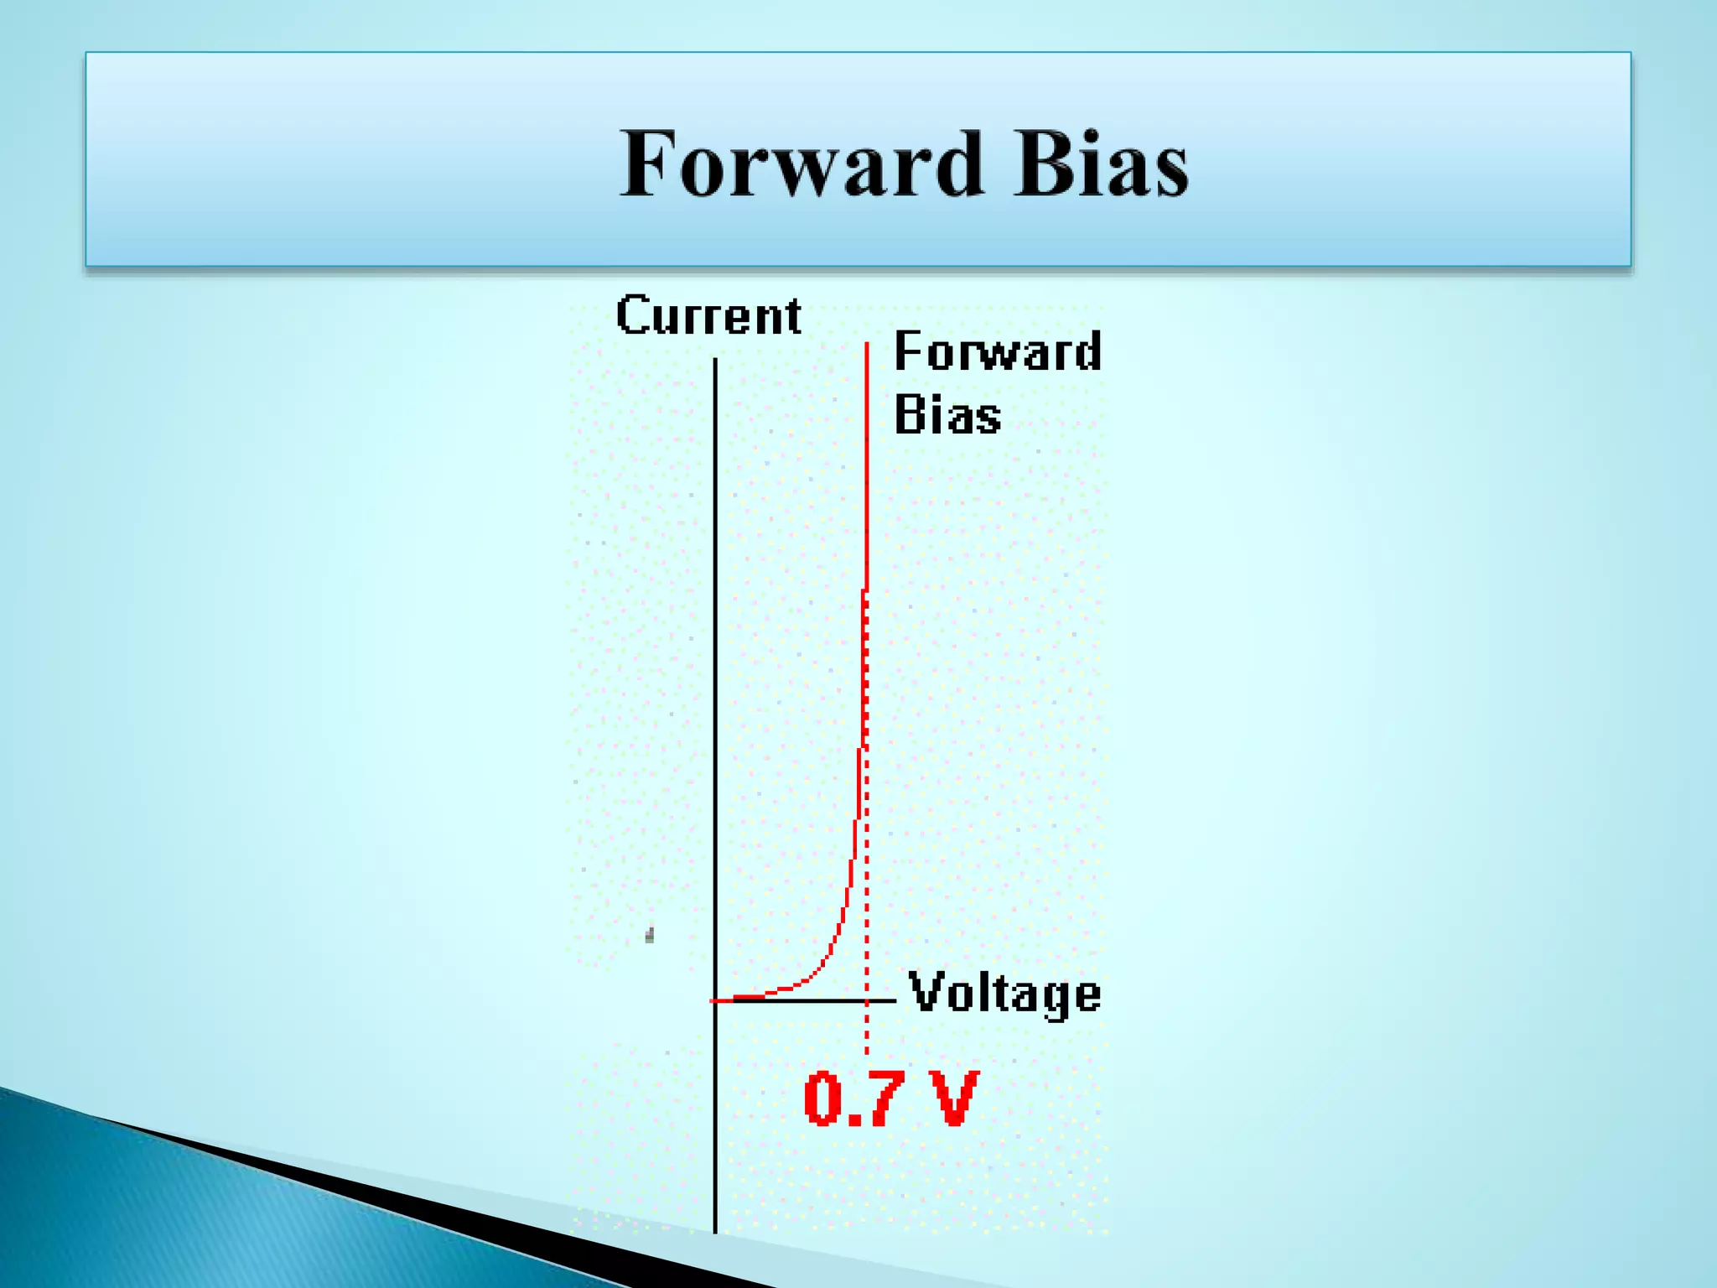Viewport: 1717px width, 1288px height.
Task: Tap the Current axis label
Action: (708, 316)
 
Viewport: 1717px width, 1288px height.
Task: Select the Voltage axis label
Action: (1004, 994)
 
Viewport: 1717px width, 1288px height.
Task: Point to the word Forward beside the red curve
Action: (998, 351)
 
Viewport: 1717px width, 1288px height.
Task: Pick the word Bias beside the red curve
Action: (947, 415)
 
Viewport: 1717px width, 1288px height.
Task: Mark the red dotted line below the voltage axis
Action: (867, 1030)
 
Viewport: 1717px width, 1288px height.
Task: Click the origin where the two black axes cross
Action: (715, 1000)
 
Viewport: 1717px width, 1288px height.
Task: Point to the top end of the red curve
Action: (867, 344)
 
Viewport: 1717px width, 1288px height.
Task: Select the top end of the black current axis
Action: (715, 361)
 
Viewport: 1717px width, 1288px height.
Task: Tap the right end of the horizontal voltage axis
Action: (894, 1000)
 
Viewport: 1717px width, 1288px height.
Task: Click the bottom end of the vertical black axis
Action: (715, 1230)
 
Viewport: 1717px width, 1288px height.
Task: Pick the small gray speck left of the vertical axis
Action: (650, 935)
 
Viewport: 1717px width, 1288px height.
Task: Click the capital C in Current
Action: (633, 316)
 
